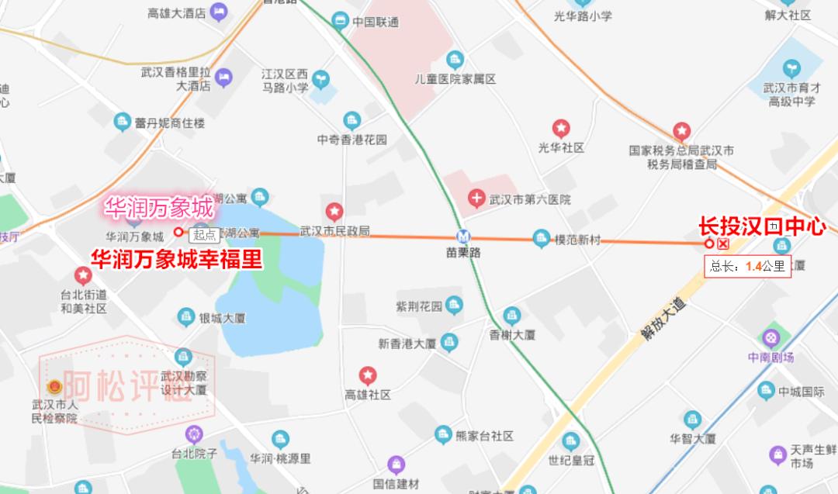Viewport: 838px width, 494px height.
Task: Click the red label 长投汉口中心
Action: [x=761, y=227]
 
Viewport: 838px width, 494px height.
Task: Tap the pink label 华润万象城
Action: [x=159, y=208]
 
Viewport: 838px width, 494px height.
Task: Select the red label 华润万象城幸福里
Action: [x=177, y=259]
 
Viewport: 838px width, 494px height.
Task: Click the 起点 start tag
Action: [x=206, y=235]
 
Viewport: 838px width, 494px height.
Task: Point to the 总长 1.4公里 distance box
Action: [x=748, y=267]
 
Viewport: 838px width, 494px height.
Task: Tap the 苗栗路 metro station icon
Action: [x=463, y=237]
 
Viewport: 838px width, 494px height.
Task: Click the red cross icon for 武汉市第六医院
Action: [x=476, y=199]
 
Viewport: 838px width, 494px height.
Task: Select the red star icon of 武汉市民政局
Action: [x=334, y=212]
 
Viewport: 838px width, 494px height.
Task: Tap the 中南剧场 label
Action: [x=770, y=358]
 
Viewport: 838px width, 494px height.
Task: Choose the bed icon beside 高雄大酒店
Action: [x=218, y=12]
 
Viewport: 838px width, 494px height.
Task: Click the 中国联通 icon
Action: [x=339, y=21]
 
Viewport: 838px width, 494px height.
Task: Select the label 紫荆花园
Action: [x=419, y=306]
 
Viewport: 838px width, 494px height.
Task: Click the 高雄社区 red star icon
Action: [x=368, y=376]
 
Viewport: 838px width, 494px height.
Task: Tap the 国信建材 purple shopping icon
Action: [x=396, y=465]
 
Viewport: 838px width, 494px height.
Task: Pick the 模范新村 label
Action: [x=578, y=240]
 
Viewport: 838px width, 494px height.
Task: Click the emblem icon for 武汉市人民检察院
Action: [x=54, y=387]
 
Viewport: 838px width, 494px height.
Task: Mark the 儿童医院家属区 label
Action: [x=455, y=79]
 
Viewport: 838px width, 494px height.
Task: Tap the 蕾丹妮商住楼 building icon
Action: [x=122, y=122]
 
